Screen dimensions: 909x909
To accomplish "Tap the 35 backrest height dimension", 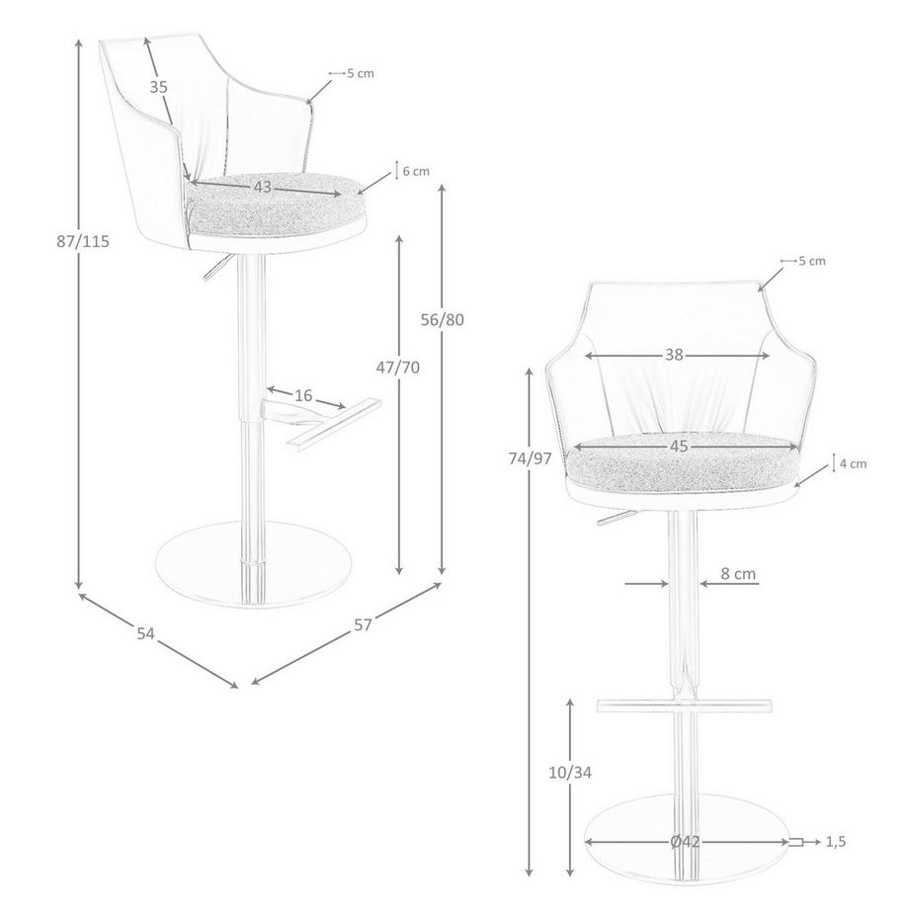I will [x=159, y=87].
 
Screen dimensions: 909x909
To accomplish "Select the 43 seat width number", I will [x=262, y=187].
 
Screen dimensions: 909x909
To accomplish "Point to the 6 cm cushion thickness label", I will [x=415, y=171].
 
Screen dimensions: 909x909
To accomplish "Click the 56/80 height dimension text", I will [x=442, y=319].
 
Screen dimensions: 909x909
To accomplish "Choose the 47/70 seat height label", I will [x=398, y=368].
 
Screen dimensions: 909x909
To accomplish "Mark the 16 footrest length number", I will [x=303, y=395].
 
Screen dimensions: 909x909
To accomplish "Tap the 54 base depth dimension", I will [x=146, y=633].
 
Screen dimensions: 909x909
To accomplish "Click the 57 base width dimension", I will [x=364, y=625].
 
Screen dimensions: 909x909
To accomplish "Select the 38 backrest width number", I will [x=674, y=356].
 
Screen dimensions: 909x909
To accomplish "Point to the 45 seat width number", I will [x=679, y=447].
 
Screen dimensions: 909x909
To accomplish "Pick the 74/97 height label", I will [x=530, y=458].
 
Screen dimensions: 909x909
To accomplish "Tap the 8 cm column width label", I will [x=738, y=573].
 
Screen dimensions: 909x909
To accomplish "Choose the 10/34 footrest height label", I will [x=570, y=772].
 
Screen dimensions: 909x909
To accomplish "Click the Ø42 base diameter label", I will [x=685, y=842].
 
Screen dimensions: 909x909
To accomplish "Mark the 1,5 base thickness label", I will [x=836, y=842].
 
